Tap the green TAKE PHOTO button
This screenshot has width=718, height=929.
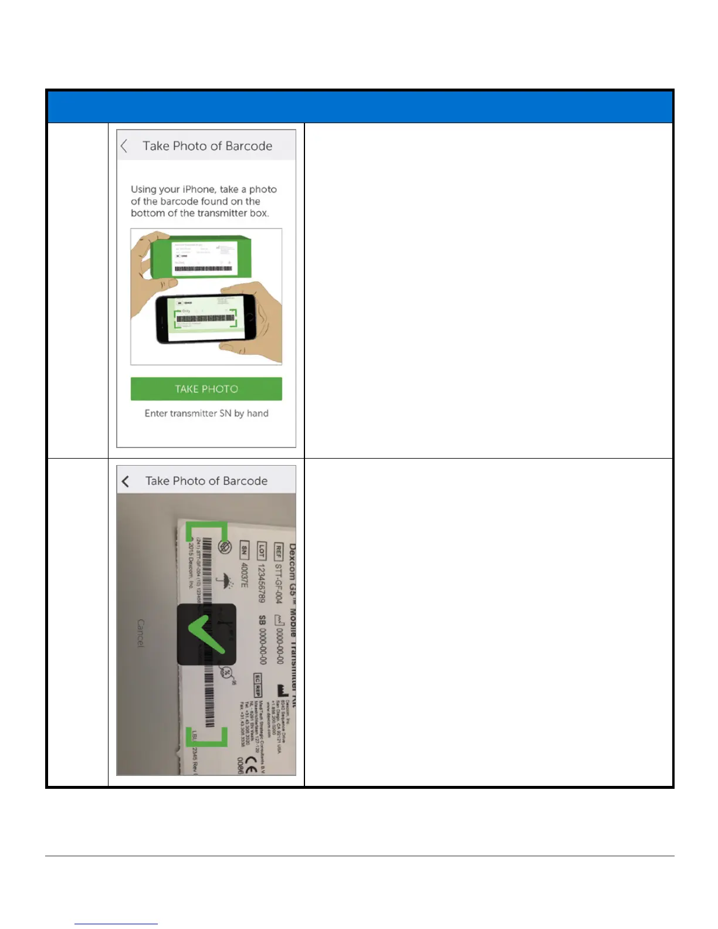pos(206,389)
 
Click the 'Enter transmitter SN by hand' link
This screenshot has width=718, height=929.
pos(206,413)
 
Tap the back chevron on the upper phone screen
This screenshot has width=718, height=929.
pos(124,146)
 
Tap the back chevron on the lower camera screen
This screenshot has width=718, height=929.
pos(126,482)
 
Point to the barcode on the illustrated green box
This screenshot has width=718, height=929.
pos(203,269)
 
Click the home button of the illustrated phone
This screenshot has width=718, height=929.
pos(250,317)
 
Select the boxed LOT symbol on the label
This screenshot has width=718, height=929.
pos(261,551)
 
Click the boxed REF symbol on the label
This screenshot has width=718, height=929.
pos(278,551)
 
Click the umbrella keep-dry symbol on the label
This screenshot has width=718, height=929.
pos(223,581)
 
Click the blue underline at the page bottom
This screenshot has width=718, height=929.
pos(116,924)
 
